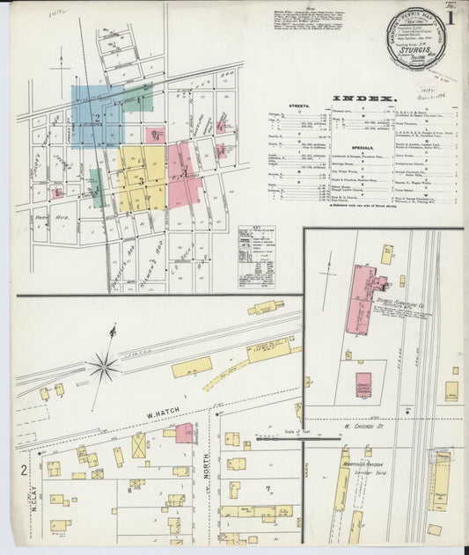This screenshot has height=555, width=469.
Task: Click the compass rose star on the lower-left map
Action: click(104, 365)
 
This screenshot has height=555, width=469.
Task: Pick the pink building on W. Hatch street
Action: click(184, 433)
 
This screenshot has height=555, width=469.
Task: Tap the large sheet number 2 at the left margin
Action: click(24, 470)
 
